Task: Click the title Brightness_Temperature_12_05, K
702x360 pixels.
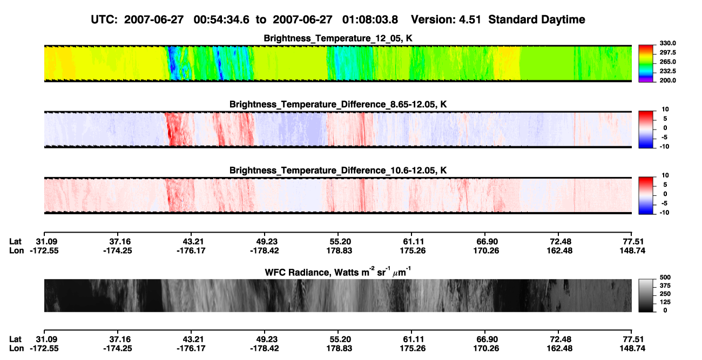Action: (x=338, y=38)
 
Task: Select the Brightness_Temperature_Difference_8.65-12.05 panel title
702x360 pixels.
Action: (x=338, y=104)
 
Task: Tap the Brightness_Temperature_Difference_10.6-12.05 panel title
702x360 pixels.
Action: (x=338, y=171)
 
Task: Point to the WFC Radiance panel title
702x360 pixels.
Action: (x=338, y=271)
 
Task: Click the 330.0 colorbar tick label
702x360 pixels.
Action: (x=667, y=43)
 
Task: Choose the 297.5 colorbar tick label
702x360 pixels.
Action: (x=667, y=52)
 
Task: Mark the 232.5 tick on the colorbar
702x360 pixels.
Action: (x=667, y=71)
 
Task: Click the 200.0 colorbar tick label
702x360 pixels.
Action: (x=667, y=80)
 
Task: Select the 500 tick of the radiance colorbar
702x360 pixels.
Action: (x=665, y=277)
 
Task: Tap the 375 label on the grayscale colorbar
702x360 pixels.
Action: (x=665, y=286)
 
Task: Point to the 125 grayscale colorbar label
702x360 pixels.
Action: (x=665, y=302)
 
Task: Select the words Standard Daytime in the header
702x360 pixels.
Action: (x=537, y=19)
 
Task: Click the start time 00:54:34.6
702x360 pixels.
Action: (x=221, y=19)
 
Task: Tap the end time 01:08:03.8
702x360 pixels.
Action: (x=370, y=19)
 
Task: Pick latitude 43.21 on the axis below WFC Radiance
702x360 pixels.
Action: (x=191, y=339)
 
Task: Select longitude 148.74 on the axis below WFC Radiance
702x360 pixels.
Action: (x=632, y=349)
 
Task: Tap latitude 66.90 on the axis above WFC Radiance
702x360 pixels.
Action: (x=486, y=242)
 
